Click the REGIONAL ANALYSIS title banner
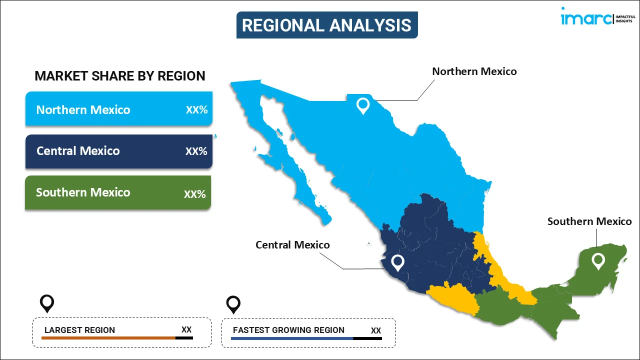[x=327, y=25]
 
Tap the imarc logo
[x=598, y=16]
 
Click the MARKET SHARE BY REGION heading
[x=120, y=76]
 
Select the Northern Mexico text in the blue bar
[x=83, y=109]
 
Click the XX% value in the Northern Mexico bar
[x=196, y=109]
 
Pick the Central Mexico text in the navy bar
[x=78, y=151]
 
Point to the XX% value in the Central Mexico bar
[x=196, y=151]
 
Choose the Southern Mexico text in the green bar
[x=83, y=192]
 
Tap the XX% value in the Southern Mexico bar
[x=195, y=194]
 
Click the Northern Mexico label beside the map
[x=474, y=71]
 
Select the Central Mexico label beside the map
[x=292, y=245]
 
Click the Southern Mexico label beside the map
[x=589, y=221]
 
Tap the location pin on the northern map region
[x=363, y=106]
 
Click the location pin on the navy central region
[x=397, y=263]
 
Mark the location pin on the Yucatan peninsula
[x=598, y=261]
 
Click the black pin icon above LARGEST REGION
[x=47, y=303]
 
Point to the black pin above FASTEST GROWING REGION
[x=233, y=305]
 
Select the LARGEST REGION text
[x=79, y=330]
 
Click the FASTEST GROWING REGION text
[x=288, y=330]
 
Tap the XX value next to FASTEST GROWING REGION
[x=376, y=330]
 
